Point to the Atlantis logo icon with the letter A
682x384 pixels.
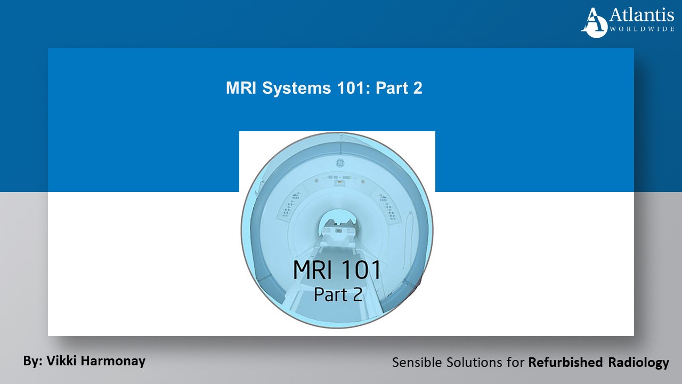(x=594, y=22)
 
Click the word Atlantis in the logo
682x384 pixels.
(x=642, y=15)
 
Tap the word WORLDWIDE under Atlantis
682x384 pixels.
(x=642, y=29)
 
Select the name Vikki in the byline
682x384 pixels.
(x=61, y=361)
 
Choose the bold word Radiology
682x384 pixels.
(x=638, y=363)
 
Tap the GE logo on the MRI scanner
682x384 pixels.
(x=337, y=162)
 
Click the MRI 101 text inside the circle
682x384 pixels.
(x=337, y=270)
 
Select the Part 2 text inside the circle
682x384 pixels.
(x=338, y=294)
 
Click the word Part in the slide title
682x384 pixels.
(x=392, y=89)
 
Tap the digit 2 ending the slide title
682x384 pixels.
(x=417, y=89)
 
